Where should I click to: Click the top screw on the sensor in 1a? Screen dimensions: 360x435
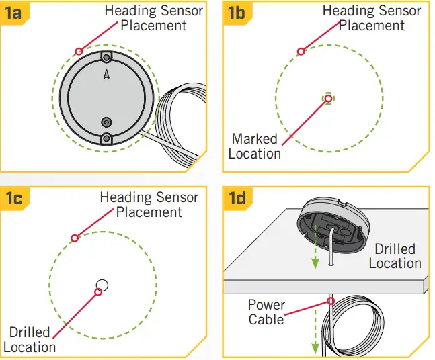pos(106,58)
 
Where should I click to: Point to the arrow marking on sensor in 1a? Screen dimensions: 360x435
pos(106,75)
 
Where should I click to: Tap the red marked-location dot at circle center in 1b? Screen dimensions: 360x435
pos(328,98)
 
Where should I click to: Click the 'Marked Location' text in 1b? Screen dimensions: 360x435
pos(255,146)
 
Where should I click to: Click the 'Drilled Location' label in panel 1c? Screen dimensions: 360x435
pos(30,339)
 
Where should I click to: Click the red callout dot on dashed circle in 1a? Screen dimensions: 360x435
pos(79,50)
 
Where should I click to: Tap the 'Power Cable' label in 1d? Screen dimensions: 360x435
pos(266,312)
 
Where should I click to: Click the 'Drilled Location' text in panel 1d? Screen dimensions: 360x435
pos(395,256)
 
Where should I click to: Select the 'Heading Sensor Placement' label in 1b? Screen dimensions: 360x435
pos(371,18)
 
